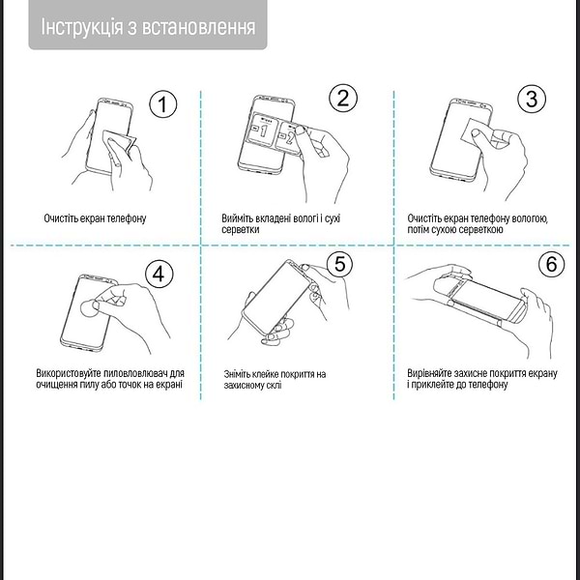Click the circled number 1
pyautogui.click(x=163, y=105)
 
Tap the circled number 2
pyautogui.click(x=342, y=98)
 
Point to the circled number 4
pyautogui.click(x=159, y=275)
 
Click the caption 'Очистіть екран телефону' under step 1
pyautogui.click(x=95, y=218)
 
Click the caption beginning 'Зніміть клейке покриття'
pyautogui.click(x=275, y=380)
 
